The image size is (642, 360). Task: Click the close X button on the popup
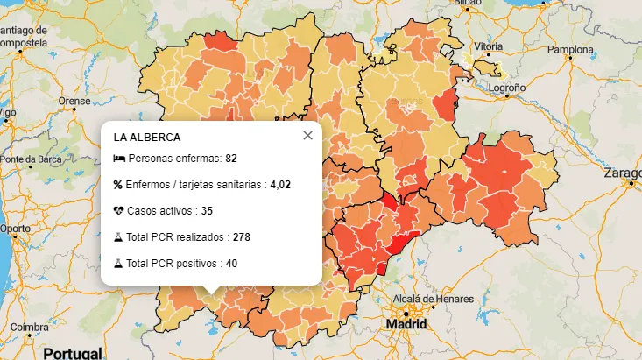click(x=307, y=136)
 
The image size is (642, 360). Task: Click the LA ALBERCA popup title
click(x=147, y=138)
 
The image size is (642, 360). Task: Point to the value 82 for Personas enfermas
click(x=231, y=159)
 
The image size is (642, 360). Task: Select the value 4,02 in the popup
click(x=279, y=185)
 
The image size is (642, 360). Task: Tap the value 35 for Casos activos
click(x=207, y=211)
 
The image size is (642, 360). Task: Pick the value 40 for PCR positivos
click(x=231, y=263)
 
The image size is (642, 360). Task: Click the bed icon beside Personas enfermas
click(x=119, y=159)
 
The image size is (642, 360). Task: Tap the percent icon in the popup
click(x=118, y=185)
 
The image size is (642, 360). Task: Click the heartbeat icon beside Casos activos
click(x=119, y=211)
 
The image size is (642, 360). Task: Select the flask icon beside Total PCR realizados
click(x=118, y=237)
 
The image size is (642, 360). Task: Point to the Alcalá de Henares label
click(x=434, y=299)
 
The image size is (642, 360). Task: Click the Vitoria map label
click(x=489, y=46)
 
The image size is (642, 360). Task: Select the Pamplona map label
click(x=570, y=50)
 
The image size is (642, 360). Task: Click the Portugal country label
click(x=72, y=353)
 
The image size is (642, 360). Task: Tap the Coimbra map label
click(x=29, y=327)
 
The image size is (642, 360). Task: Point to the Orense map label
click(x=74, y=101)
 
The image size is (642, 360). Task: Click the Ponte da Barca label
click(x=32, y=159)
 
